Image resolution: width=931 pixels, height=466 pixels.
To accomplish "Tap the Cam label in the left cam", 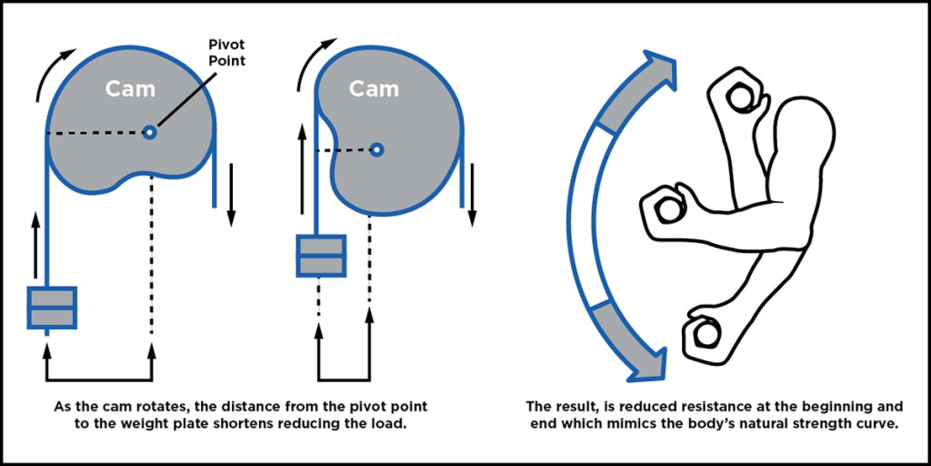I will (x=130, y=89).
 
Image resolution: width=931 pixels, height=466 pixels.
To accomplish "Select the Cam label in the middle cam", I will (x=375, y=89).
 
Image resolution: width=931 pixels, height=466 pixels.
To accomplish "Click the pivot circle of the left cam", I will (x=150, y=133).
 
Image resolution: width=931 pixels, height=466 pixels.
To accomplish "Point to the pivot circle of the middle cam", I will (x=376, y=149).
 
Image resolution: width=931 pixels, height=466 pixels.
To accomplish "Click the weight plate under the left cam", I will (x=52, y=309).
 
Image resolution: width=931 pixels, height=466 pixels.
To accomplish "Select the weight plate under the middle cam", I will (x=320, y=257).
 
